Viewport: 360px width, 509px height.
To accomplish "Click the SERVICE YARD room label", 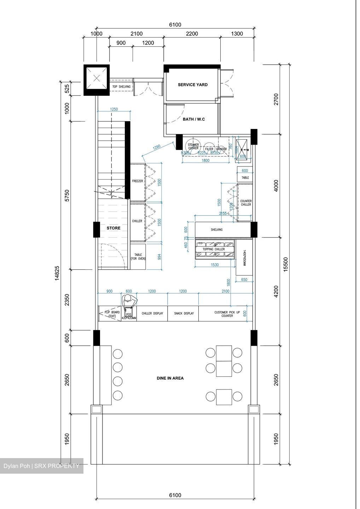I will coord(192,85).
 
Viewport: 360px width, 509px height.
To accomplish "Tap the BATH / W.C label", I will coord(193,119).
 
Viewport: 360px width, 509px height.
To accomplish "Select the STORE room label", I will coord(114,228).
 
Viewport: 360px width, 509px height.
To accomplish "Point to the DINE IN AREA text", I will coord(170,378).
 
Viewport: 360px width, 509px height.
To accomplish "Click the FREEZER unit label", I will coord(138,181).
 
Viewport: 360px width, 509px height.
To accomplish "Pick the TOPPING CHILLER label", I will coord(214,249).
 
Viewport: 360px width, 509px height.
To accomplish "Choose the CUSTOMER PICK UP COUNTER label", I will coord(227,314).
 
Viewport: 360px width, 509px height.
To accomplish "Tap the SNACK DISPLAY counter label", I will coord(184,314).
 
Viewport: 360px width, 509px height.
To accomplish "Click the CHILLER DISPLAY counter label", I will coord(152,314).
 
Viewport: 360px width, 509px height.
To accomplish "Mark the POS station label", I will coord(129,315).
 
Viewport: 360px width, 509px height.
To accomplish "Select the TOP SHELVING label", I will coord(121,87).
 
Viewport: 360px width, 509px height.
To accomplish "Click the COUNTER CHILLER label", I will coord(246,203).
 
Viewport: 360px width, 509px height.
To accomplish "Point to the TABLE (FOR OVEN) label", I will coord(138,257).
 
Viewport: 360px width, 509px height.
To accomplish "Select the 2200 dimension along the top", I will coord(192,34).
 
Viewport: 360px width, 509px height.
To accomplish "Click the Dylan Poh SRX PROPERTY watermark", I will coord(41,466).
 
